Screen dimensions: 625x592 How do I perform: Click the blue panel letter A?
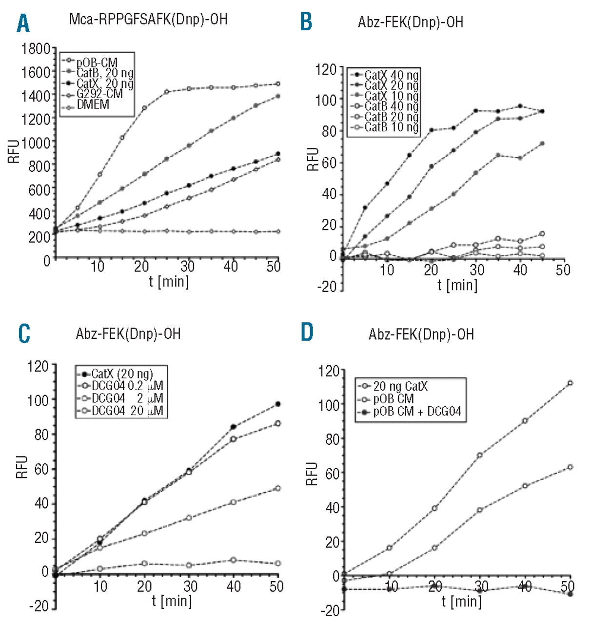[23, 23]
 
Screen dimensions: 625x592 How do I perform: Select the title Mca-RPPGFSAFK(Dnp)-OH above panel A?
[148, 19]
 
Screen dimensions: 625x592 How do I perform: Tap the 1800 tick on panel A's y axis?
[36, 49]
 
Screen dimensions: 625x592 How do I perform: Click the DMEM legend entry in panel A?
[93, 105]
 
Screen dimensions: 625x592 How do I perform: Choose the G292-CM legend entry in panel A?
[99, 94]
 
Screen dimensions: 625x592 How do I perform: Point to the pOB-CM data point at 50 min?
[277, 84]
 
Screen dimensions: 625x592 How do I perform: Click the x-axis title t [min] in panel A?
[169, 282]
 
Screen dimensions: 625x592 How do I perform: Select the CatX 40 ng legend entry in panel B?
[391, 75]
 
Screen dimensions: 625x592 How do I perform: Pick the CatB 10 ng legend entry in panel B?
[391, 128]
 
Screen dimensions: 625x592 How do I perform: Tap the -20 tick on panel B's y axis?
[327, 286]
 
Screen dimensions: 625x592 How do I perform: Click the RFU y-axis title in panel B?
[313, 159]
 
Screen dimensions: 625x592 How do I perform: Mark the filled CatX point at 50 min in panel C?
[278, 404]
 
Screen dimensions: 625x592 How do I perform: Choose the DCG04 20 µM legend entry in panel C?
[127, 411]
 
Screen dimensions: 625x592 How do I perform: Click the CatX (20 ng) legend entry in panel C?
[122, 375]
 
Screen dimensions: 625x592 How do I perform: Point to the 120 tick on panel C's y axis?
[38, 366]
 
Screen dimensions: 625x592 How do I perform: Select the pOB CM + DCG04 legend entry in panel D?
[416, 412]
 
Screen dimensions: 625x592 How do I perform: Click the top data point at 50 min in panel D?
[570, 383]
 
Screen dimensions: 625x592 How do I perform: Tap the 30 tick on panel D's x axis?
[481, 586]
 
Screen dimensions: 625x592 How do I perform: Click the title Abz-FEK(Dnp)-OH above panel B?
[410, 22]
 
